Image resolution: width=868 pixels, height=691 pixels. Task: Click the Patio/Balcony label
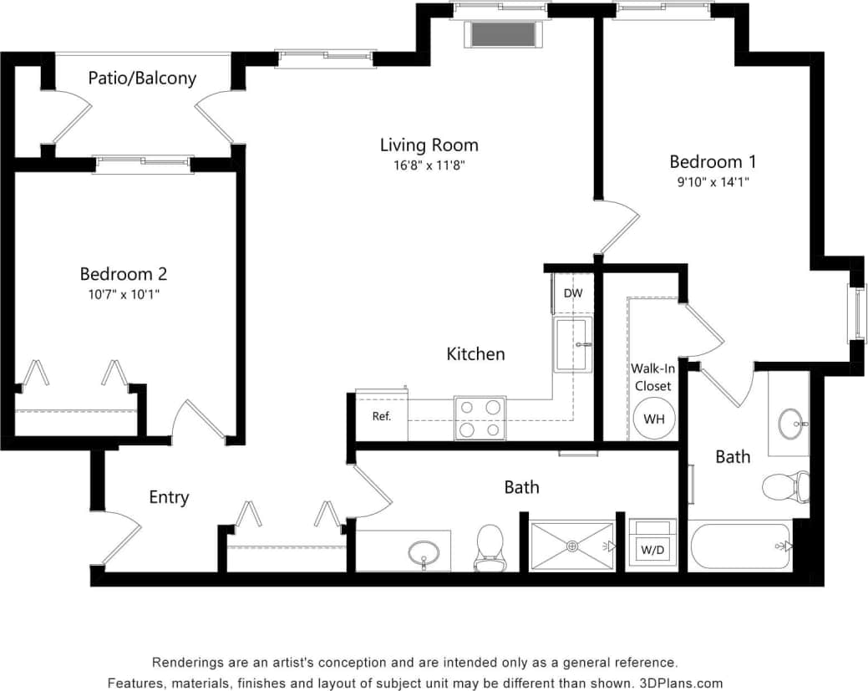[x=142, y=79]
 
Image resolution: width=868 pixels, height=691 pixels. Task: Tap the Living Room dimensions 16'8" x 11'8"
[x=429, y=165]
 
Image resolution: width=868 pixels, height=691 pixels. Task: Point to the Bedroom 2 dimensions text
[x=124, y=293]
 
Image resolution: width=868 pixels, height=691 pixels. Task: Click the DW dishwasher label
[x=572, y=293]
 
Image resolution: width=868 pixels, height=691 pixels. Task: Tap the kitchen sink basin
[x=572, y=344]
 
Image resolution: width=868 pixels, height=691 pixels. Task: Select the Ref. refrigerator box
[x=382, y=416]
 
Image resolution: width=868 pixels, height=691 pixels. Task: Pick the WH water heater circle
[x=653, y=419]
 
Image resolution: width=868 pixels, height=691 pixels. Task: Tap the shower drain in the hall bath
[x=572, y=546]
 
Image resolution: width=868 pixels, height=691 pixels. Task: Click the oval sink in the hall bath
[x=424, y=552]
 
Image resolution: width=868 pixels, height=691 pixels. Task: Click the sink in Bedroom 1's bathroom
[x=790, y=424]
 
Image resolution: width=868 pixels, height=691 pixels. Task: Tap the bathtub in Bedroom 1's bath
[x=739, y=547]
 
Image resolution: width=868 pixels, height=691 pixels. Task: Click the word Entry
[x=169, y=497]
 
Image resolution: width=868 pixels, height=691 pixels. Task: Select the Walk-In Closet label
[x=652, y=377]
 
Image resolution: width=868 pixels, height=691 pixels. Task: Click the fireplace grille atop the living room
[x=503, y=34]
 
